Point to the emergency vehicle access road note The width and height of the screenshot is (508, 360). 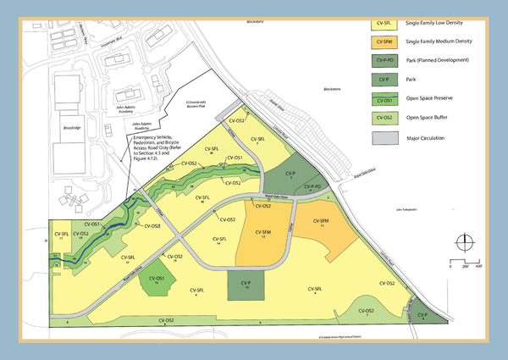[157, 141]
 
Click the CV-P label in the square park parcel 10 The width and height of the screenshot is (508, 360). [246, 284]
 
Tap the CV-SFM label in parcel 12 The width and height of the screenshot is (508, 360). [263, 233]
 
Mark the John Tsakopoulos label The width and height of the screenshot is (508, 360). [410, 208]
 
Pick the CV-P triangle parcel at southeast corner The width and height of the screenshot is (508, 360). [421, 314]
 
